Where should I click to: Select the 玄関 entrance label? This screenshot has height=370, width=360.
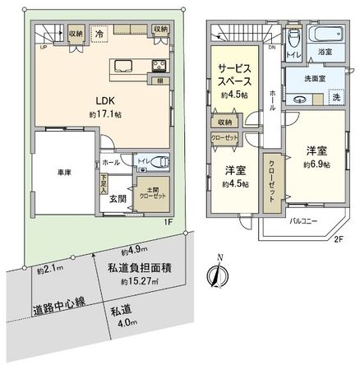(x=116, y=197)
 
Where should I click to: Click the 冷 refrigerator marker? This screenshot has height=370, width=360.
(x=99, y=35)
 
